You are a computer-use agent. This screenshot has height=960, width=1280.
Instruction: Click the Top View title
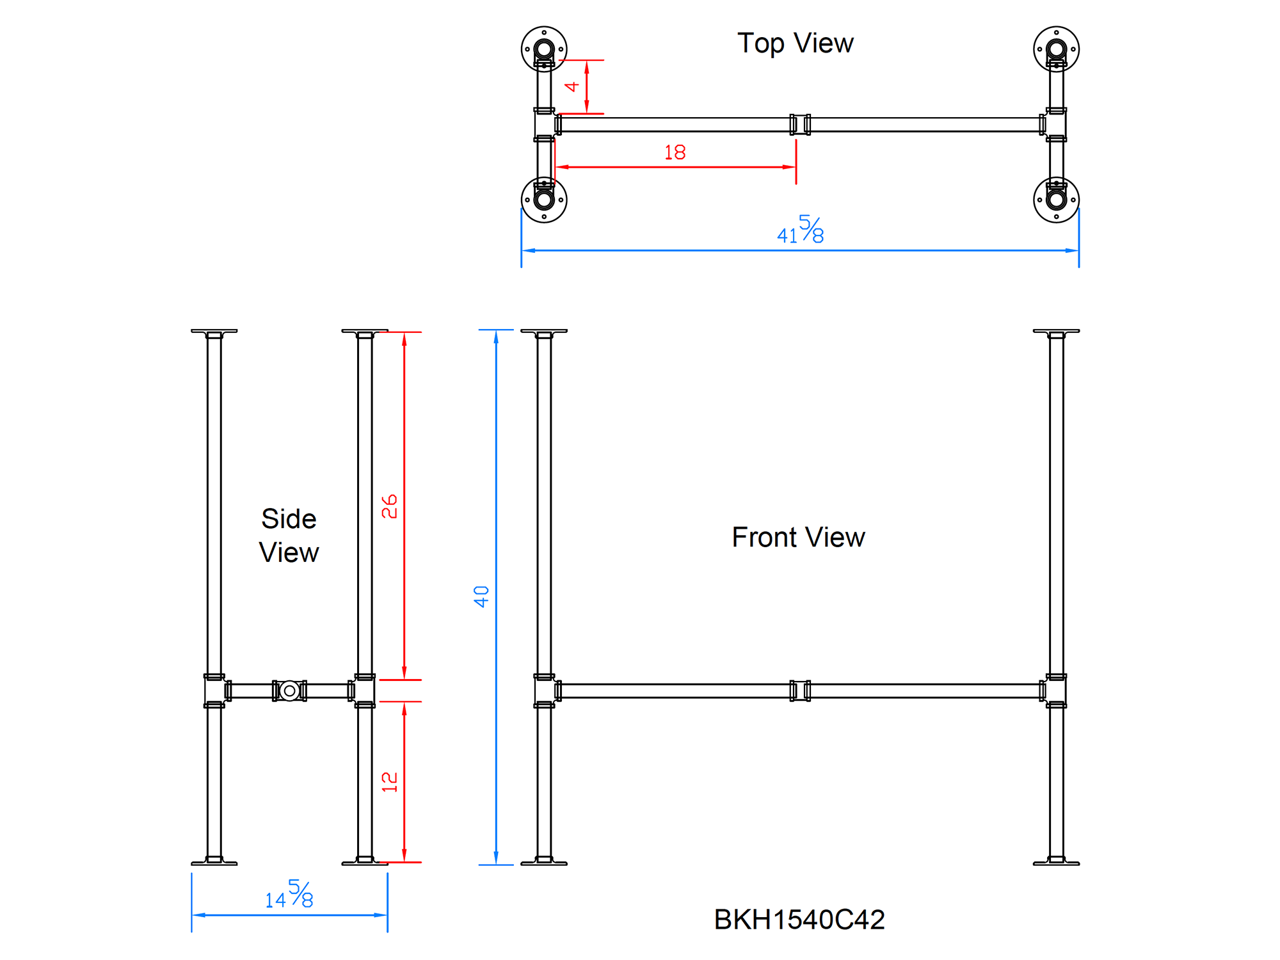795,44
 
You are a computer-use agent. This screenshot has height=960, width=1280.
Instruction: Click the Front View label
798,537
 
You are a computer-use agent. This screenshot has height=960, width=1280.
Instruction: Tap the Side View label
289,536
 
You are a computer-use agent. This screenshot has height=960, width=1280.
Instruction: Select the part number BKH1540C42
799,919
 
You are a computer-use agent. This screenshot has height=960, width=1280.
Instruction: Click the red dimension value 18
675,152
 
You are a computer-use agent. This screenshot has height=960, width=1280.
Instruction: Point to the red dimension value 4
572,86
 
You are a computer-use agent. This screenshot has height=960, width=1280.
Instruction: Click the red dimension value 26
389,506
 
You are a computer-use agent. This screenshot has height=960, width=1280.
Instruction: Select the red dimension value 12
389,781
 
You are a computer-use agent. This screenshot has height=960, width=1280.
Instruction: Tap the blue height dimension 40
481,596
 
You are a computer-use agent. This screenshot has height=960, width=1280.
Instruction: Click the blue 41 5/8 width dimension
800,230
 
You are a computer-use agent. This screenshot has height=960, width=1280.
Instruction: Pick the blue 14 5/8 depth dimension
289,895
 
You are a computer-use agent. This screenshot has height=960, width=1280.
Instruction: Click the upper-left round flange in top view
544,49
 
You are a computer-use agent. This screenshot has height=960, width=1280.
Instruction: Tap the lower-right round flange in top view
1056,200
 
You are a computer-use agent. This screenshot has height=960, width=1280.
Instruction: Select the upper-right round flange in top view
1056,49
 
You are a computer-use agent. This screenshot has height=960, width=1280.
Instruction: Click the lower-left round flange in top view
544,200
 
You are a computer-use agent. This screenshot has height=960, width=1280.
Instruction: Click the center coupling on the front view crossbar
800,691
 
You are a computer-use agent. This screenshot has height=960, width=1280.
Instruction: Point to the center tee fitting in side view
289,691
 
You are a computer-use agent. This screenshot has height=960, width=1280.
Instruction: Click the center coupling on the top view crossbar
800,124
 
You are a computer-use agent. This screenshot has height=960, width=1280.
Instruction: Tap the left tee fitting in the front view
544,691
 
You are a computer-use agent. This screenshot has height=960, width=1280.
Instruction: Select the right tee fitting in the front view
1056,691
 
